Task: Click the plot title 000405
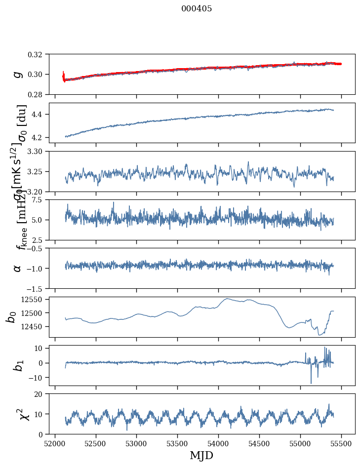(x=197, y=9)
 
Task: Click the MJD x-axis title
(x=201, y=456)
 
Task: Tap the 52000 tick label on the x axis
(x=55, y=443)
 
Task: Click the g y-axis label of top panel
(x=18, y=74)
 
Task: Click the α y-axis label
(x=18, y=268)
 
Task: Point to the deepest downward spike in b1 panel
(x=311, y=383)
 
